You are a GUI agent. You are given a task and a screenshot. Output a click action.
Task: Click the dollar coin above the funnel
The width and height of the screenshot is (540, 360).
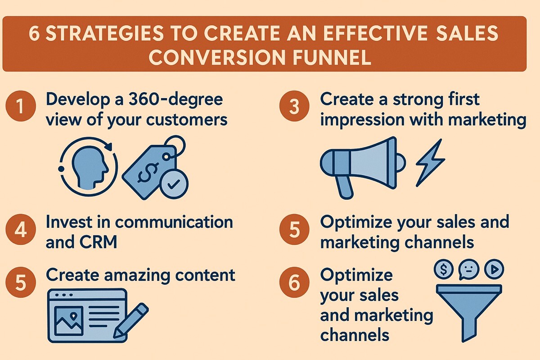coord(444,270)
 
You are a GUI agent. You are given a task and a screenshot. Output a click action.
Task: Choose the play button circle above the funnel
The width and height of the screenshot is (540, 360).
coord(493,270)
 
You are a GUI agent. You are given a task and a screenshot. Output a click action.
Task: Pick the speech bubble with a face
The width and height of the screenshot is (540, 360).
coord(468,270)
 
